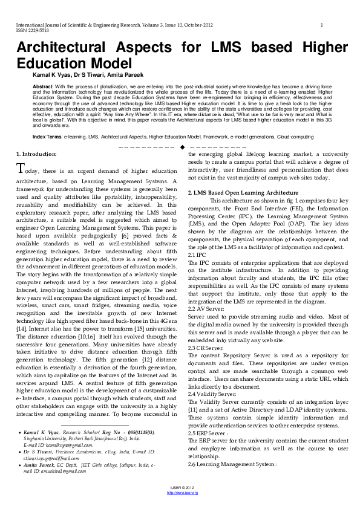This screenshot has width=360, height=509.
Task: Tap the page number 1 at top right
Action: click(x=322, y=24)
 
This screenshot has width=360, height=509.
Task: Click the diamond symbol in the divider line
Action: click(x=182, y=148)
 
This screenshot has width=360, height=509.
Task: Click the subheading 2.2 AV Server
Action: click(x=206, y=291)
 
